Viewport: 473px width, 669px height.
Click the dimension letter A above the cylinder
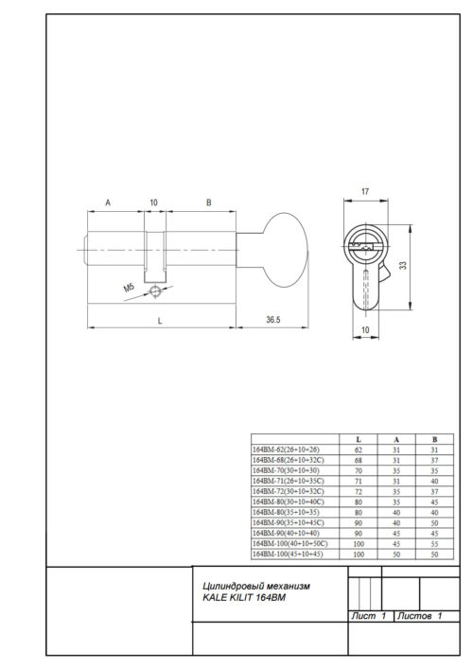[x=109, y=202]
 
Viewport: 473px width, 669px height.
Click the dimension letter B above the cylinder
[x=208, y=202]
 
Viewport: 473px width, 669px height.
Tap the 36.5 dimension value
[x=272, y=321]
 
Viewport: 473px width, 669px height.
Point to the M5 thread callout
[x=129, y=287]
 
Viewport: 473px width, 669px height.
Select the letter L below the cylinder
[x=160, y=321]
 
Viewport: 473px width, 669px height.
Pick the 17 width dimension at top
[x=365, y=192]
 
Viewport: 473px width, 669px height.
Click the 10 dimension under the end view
[x=366, y=329]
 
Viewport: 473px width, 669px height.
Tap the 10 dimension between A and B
[x=153, y=202]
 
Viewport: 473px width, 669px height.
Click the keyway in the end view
[x=363, y=248]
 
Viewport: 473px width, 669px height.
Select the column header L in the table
[x=357, y=440]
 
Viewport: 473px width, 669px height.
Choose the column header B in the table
[x=432, y=440]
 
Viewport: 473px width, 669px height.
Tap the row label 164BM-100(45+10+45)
[x=288, y=554]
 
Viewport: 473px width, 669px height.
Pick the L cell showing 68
[x=357, y=460]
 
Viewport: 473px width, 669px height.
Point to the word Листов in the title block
[x=415, y=616]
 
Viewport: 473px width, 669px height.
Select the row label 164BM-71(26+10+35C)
[x=288, y=481]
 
